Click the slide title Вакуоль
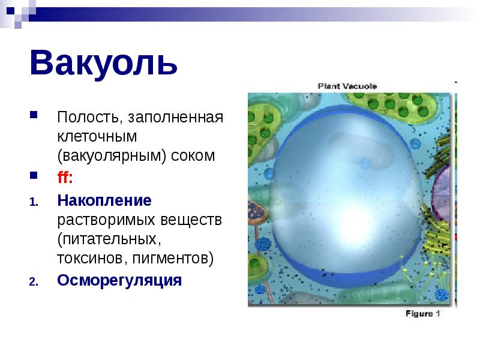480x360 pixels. (x=103, y=63)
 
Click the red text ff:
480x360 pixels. (x=65, y=178)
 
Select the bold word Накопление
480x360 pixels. (x=104, y=199)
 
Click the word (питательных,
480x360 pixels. (x=110, y=239)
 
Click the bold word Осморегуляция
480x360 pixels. (x=119, y=280)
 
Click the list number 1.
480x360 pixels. (x=34, y=201)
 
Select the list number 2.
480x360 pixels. (x=34, y=281)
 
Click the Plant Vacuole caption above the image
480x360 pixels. (x=347, y=86)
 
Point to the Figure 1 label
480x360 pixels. (x=423, y=313)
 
